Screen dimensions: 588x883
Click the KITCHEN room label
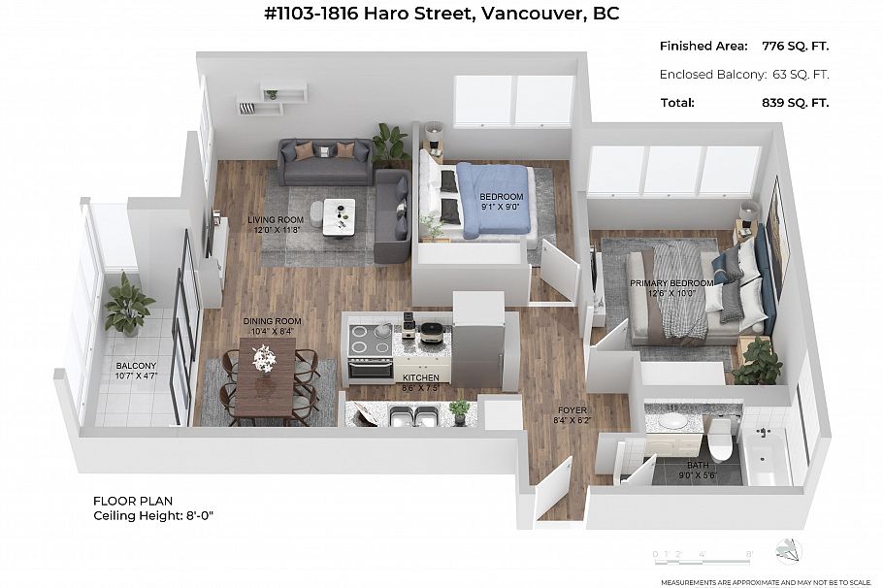421,377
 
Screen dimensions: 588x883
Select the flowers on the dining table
264,358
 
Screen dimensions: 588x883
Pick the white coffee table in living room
339,212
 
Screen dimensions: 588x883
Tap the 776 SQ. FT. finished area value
796,46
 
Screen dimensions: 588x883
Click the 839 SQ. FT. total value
796,102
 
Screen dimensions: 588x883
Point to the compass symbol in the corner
789,552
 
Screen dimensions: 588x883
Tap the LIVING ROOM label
276,220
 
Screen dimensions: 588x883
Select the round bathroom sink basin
670,422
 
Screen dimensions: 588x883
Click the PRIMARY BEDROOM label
671,283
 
